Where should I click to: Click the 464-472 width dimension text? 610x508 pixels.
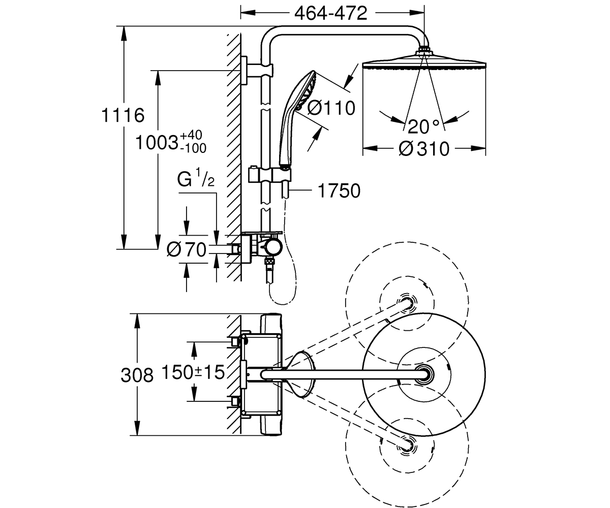330,13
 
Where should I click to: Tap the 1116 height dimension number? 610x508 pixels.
123,115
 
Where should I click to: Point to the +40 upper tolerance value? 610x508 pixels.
191,135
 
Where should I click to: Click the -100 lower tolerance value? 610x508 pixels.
193,149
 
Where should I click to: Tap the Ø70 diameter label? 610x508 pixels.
187,249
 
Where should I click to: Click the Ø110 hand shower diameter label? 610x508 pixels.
331,108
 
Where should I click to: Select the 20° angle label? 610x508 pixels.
423,126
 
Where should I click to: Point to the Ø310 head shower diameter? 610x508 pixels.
424,149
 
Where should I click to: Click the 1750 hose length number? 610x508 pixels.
339,191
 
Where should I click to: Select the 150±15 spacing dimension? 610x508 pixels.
193,372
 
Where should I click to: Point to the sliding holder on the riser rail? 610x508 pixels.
269,175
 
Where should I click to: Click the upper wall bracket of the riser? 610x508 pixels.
257,71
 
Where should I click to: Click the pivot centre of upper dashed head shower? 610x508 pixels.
407,302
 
